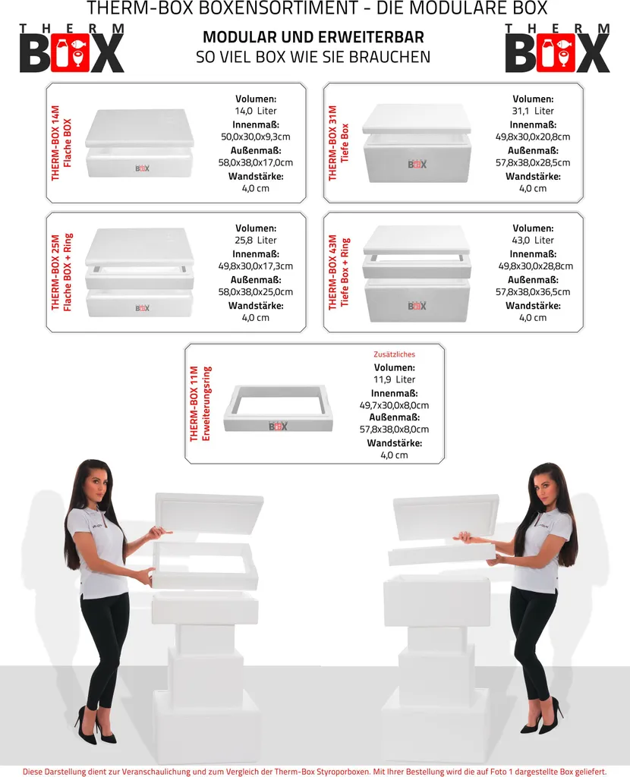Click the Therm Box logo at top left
click(x=71, y=49)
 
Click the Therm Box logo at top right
click(x=558, y=49)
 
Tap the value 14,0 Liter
click(x=256, y=111)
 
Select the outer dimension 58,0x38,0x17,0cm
click(x=256, y=162)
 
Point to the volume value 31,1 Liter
click(x=533, y=111)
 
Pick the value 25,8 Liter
click(x=256, y=241)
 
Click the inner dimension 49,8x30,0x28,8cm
click(x=535, y=266)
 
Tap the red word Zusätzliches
click(x=394, y=354)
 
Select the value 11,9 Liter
click(x=394, y=379)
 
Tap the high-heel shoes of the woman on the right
click(x=541, y=718)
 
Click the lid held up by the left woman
click(x=209, y=513)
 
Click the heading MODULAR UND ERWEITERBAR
click(x=313, y=37)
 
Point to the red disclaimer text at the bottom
click(x=315, y=771)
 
